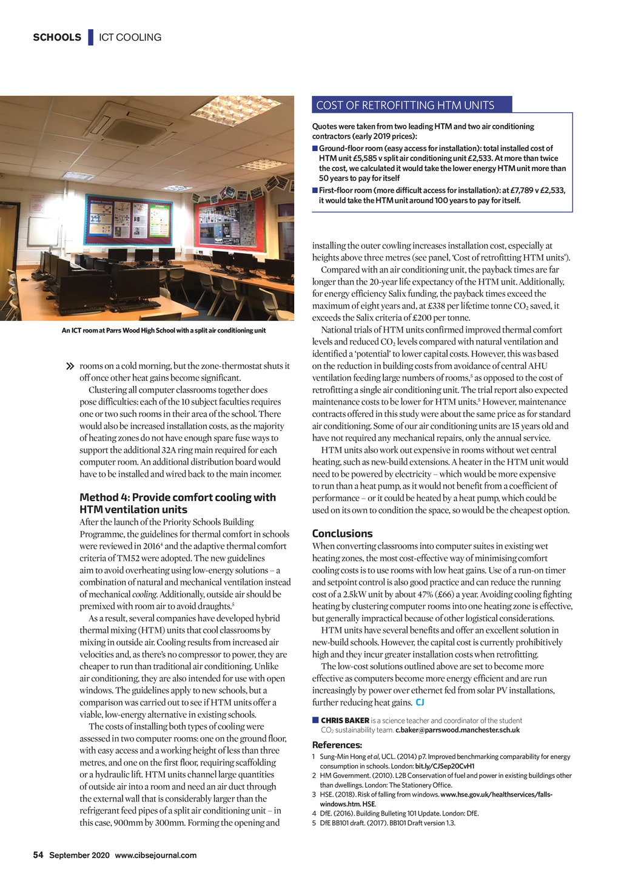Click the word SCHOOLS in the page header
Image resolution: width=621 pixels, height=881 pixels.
[57, 38]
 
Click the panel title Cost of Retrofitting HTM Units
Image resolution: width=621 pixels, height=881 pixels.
[405, 106]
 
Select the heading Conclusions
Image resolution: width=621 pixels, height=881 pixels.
[342, 534]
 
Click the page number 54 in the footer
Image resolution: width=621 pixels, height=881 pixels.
[38, 856]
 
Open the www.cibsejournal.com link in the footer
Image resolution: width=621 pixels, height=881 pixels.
[155, 856]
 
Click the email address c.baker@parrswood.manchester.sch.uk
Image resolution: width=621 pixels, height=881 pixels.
[457, 730]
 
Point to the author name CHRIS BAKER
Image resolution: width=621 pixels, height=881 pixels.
[345, 720]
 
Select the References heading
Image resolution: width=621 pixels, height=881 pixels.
[337, 745]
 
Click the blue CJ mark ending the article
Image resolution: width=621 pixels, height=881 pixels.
[420, 703]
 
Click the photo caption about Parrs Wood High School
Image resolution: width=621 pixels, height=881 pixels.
[164, 331]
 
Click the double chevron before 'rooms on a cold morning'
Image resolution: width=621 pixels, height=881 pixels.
[69, 366]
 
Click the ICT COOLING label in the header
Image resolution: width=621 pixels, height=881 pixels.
[130, 38]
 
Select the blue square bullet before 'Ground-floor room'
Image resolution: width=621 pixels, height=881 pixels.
[315, 149]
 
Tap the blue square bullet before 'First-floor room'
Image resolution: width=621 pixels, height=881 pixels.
[315, 191]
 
